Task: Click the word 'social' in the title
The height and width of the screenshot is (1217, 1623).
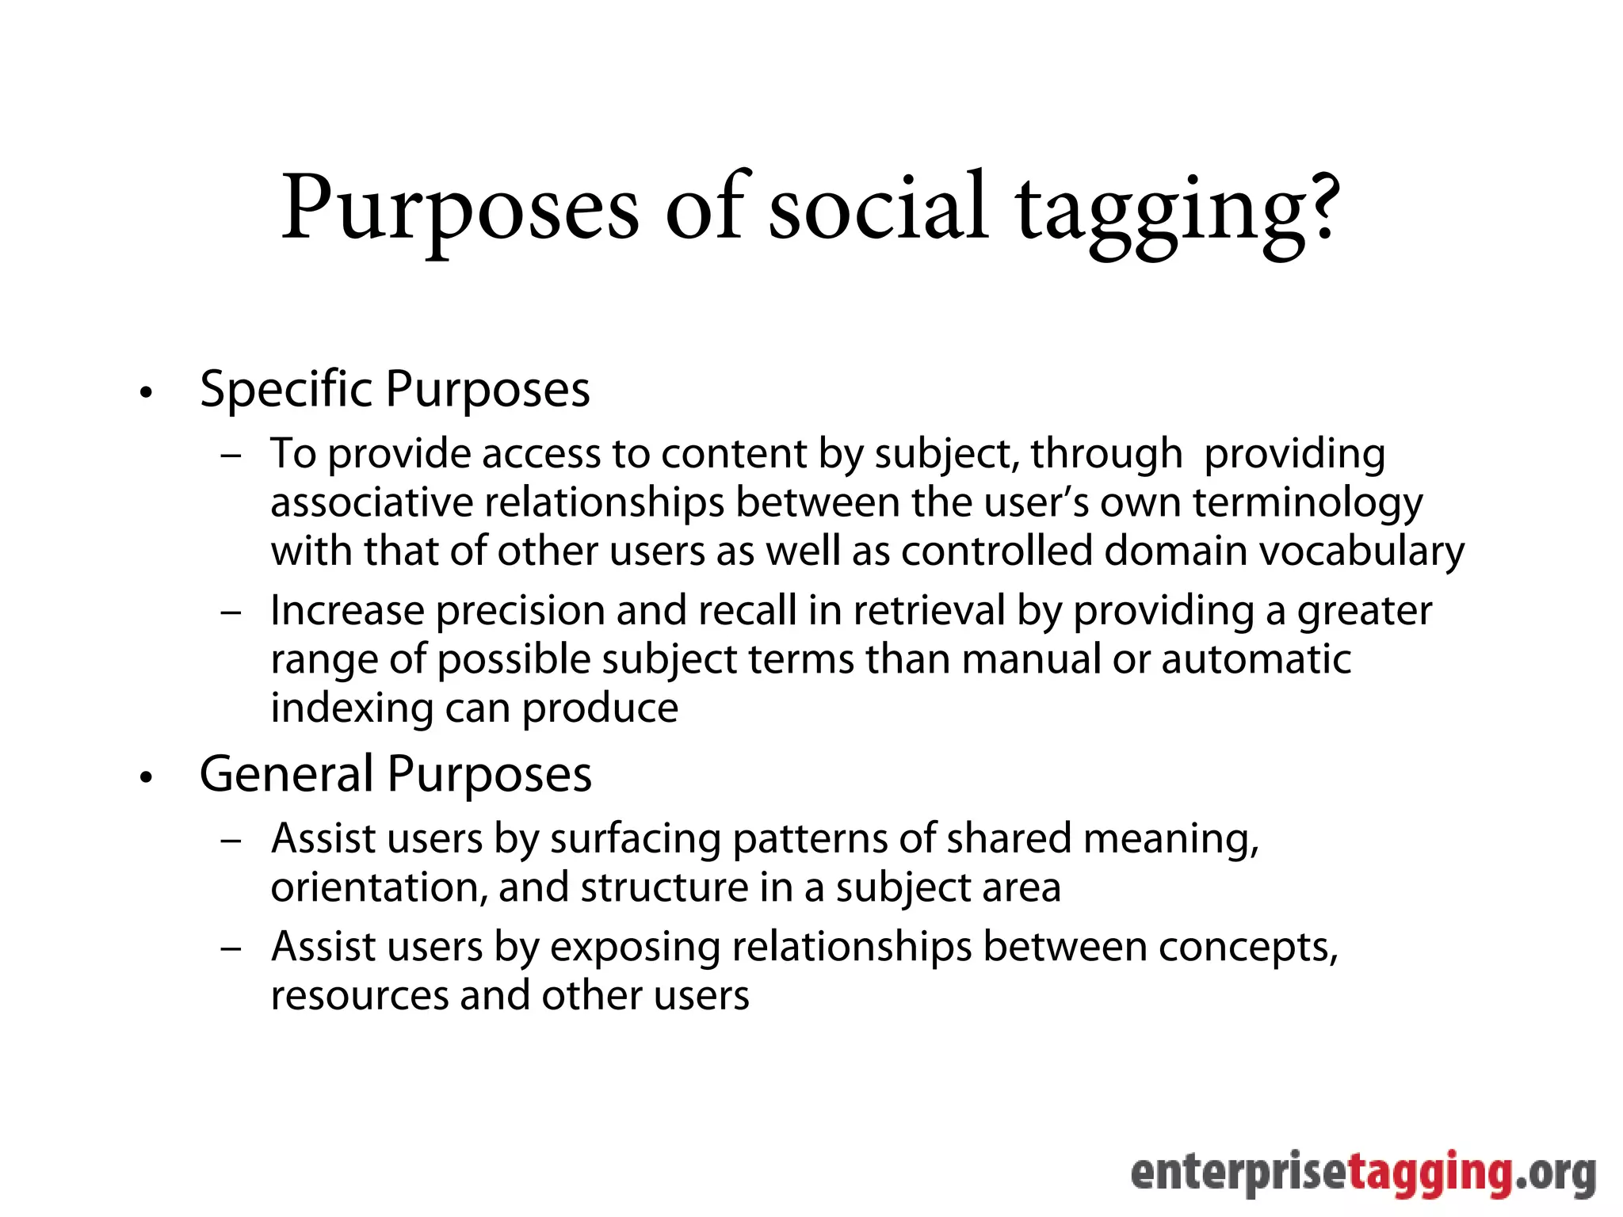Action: [878, 208]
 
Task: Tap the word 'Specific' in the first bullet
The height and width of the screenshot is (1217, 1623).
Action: [285, 390]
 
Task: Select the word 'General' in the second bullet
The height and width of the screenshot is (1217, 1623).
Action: [286, 774]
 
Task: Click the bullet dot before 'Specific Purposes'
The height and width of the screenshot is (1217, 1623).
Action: [145, 393]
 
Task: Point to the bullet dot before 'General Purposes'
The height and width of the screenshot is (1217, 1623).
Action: [145, 778]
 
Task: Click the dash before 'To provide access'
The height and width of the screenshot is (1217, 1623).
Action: [231, 456]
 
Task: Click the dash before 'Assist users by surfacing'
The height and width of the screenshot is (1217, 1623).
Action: [231, 841]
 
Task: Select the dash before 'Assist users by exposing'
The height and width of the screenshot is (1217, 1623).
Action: [231, 949]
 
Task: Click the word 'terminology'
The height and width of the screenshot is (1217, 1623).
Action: [1308, 504]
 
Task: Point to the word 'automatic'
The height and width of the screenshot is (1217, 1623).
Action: [1256, 659]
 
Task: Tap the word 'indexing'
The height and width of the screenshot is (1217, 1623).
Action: [352, 708]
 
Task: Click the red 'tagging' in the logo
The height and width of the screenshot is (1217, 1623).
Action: [1430, 1174]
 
